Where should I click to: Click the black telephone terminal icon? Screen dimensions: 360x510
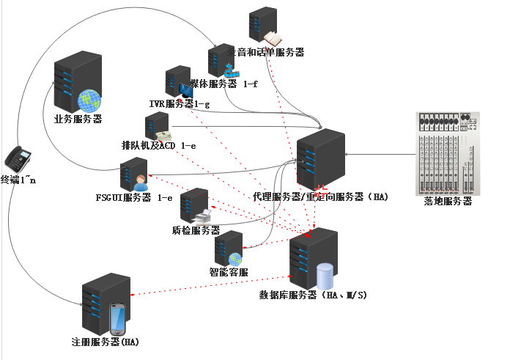tap(18, 158)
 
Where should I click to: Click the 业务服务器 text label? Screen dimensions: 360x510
tap(78, 119)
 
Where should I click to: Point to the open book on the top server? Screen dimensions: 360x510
tap(273, 38)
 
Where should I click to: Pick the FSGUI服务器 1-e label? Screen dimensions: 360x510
tap(134, 197)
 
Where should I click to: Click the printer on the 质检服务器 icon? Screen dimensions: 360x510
tap(202, 216)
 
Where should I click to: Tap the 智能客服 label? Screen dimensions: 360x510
tap(229, 272)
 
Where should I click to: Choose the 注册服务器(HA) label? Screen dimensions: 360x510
tap(106, 342)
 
